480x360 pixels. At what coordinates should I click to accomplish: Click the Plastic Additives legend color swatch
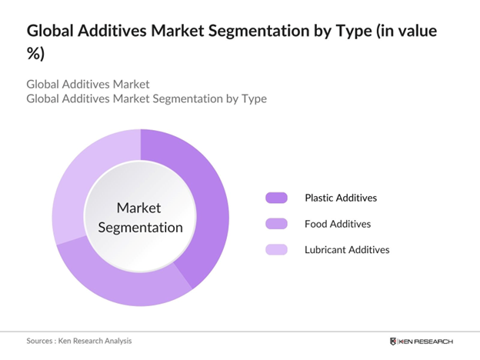pos(276,198)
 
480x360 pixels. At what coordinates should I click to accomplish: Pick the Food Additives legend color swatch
pos(276,224)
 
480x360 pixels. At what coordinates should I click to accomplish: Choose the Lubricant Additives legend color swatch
pos(276,249)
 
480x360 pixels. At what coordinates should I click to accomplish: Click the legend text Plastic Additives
pos(340,198)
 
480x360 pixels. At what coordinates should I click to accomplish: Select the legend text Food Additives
pos(338,224)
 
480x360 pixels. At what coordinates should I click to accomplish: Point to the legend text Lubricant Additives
pos(346,249)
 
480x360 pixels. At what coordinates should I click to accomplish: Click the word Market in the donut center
pos(140,208)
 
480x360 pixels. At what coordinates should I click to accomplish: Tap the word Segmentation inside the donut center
pos(140,227)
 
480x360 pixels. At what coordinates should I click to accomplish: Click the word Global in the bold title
pos(53,32)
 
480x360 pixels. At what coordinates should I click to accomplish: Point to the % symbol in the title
pos(35,55)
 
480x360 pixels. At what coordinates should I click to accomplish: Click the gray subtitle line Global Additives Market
pos(88,83)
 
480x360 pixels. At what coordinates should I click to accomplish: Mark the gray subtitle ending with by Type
pos(146,98)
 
